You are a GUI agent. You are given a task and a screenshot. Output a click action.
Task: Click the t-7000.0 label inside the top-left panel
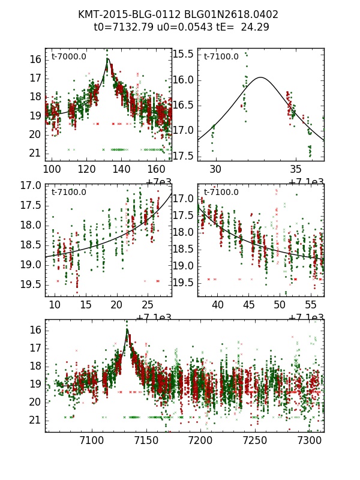coord(69,56)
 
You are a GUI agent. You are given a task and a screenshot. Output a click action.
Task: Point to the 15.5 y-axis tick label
coord(182,54)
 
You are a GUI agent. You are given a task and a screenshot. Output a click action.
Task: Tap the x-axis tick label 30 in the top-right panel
coord(215,170)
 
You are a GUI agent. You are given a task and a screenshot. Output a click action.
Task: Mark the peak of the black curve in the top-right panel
coord(260,77)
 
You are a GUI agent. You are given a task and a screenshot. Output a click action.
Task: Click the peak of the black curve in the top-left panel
coord(108,59)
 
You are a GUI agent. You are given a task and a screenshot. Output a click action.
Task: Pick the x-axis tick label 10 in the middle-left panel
coord(55,305)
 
